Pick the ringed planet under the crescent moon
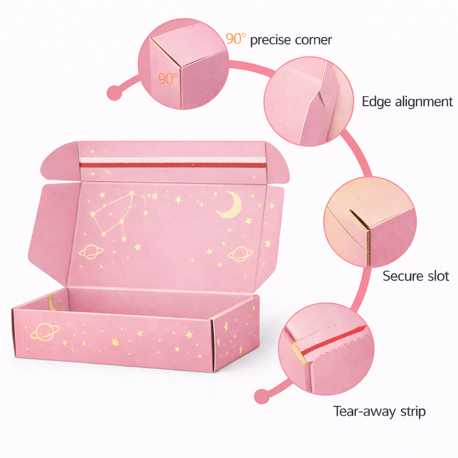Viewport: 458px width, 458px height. (238, 254)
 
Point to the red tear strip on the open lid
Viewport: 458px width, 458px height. (172, 165)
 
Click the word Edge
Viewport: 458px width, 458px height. (377, 102)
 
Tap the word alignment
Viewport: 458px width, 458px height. (424, 102)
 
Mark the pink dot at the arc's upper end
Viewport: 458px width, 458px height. (114, 92)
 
